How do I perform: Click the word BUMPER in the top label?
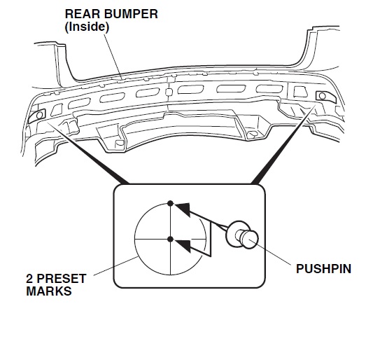click(131, 14)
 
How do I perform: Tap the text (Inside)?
click(87, 27)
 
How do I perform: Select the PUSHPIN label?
click(323, 269)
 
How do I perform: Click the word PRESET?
click(62, 279)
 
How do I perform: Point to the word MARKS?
click(49, 291)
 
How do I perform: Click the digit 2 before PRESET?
click(29, 279)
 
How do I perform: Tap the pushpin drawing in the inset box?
click(242, 235)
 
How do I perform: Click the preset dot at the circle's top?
click(170, 203)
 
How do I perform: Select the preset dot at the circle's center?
click(170, 240)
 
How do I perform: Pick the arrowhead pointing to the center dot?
click(183, 246)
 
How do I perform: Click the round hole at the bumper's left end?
click(39, 115)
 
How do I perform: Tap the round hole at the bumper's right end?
click(323, 96)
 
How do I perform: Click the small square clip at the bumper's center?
click(169, 92)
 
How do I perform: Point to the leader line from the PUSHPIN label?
click(269, 252)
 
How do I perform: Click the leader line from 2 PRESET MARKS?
click(115, 266)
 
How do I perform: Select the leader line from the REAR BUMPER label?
click(113, 57)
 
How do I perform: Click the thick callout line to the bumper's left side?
click(87, 153)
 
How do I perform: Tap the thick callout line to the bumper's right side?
click(283, 144)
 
